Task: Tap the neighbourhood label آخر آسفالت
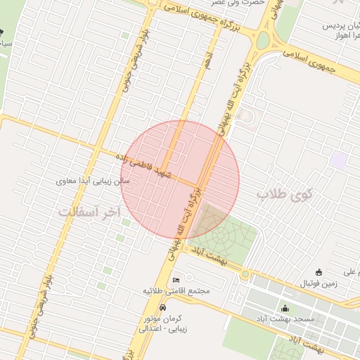pyautogui.click(x=89, y=212)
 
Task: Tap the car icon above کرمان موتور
pyautogui.click(x=163, y=308)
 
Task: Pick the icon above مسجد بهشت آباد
pyautogui.click(x=285, y=308)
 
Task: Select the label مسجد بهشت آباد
pyautogui.click(x=285, y=319)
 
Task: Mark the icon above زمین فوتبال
pyautogui.click(x=319, y=272)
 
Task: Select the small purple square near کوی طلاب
pyautogui.click(x=338, y=160)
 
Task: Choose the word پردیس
pyautogui.click(x=336, y=26)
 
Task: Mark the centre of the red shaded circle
pyautogui.click(x=180, y=179)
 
